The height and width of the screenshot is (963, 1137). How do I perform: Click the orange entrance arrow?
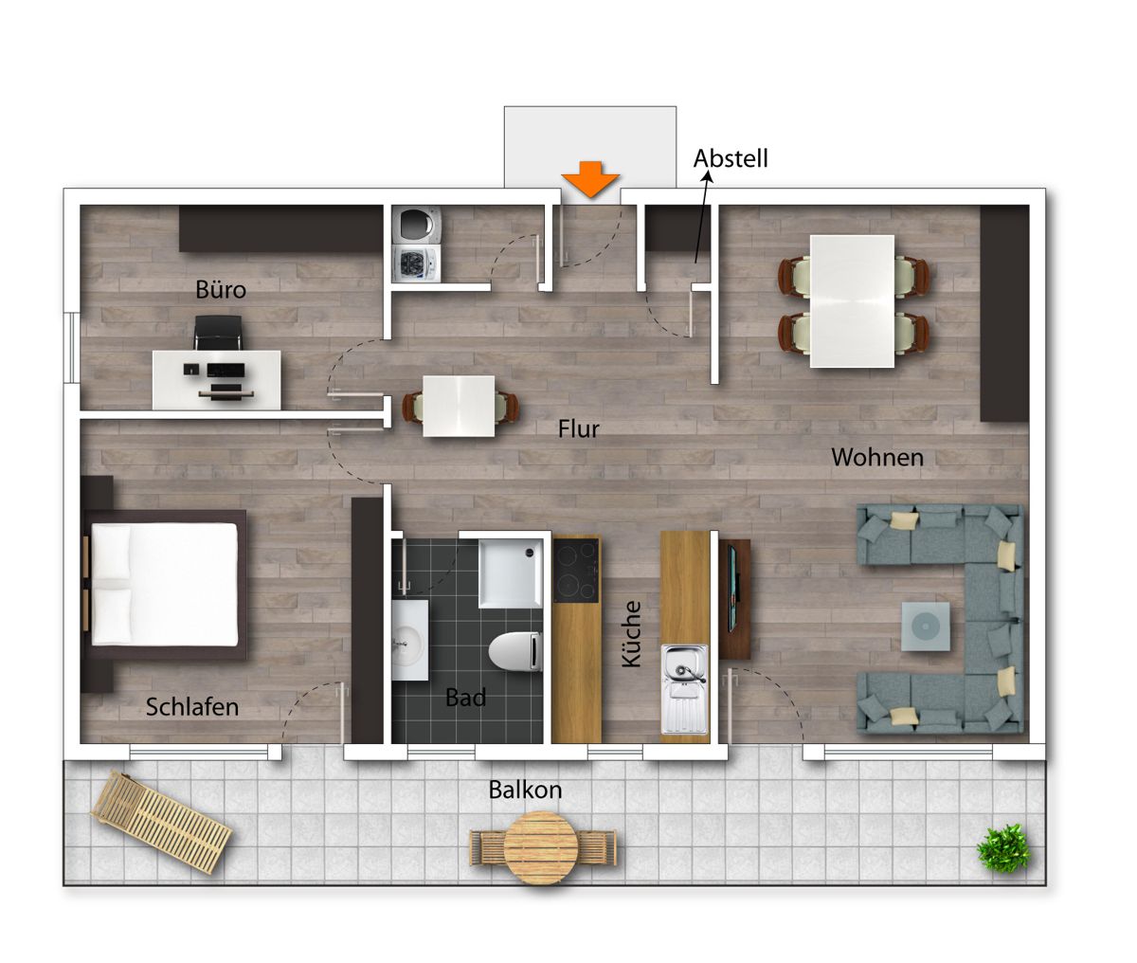590,179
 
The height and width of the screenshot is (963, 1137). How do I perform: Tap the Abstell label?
731,158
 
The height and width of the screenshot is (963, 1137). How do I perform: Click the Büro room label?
221,289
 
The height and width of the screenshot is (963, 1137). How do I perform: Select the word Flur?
578,428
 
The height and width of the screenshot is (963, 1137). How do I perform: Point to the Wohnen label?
877,457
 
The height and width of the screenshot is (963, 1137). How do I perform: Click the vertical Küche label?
631,634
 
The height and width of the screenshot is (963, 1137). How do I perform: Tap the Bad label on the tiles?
465,698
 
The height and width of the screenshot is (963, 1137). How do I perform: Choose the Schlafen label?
192,707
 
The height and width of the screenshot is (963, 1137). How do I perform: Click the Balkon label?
525,790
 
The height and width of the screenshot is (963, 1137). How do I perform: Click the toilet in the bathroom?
515,651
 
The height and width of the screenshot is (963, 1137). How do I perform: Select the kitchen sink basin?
685,689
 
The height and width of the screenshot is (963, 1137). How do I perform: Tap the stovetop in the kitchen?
576,570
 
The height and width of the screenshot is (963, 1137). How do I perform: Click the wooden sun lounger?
162,822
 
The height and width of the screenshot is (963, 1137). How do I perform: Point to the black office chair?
218,332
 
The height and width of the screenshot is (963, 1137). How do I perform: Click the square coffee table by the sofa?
926,627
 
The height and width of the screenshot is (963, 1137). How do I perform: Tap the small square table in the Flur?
459,406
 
